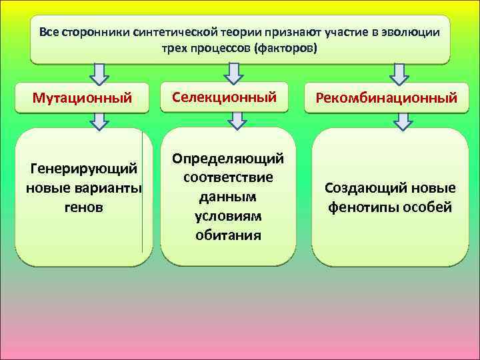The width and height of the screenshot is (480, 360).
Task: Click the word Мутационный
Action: pos(81,99)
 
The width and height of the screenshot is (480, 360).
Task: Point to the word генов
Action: pos(83,207)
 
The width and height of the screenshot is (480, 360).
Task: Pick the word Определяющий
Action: pos(228,159)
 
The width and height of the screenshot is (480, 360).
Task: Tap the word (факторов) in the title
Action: pos(289,50)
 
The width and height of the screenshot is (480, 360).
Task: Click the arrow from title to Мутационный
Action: pos(99,72)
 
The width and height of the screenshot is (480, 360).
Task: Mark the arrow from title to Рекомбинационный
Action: pos(399,72)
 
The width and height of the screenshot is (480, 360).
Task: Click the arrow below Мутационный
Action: pos(99,121)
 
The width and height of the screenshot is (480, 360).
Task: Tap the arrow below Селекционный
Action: pos(237,121)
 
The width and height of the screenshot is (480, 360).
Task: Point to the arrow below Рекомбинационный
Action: pos(402,121)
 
